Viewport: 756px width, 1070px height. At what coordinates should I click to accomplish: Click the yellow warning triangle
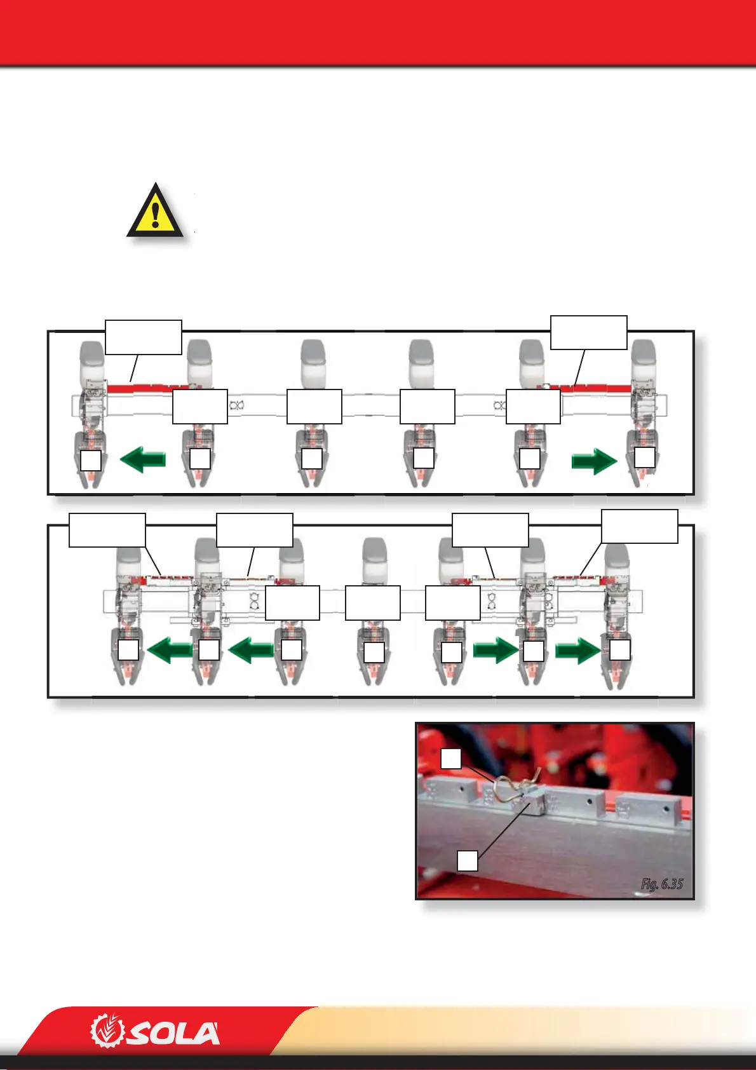coord(156,211)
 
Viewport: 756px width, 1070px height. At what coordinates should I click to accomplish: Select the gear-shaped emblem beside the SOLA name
coord(107,1030)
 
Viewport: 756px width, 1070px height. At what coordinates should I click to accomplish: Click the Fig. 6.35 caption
coord(661,884)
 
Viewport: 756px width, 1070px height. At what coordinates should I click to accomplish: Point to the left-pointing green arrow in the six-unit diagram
coord(143,459)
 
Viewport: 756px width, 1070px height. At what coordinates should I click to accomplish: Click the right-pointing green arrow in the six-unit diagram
coord(594,461)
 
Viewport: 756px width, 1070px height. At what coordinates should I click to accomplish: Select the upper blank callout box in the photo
coord(451,759)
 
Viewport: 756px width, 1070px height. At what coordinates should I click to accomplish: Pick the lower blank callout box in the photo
coord(468,860)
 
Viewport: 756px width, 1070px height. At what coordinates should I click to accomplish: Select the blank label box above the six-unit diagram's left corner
coord(144,337)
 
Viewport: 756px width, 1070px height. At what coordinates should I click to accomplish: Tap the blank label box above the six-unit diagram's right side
coord(589,332)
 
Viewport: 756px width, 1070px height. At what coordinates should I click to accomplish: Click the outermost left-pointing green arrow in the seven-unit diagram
coord(170,651)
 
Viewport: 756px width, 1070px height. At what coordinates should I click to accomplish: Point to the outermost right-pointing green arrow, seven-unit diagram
coord(578,651)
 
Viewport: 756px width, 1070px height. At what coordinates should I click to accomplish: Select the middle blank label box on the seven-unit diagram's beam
coord(373,602)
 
